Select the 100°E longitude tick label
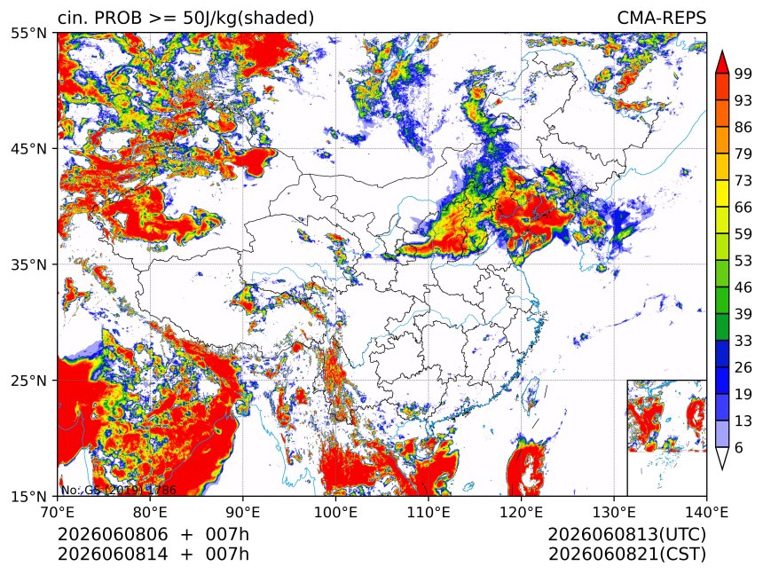(x=335, y=512)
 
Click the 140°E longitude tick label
(x=706, y=512)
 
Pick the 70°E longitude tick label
(x=58, y=512)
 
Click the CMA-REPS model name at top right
(x=661, y=18)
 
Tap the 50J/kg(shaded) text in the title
(x=248, y=19)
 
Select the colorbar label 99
(x=743, y=74)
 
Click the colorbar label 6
(x=739, y=447)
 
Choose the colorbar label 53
(x=743, y=261)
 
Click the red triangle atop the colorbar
(x=721, y=63)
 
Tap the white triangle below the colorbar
(x=721, y=456)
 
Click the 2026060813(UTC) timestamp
(x=626, y=535)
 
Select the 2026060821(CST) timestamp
(x=626, y=554)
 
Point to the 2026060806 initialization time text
(x=113, y=535)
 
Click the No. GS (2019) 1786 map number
(x=118, y=491)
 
